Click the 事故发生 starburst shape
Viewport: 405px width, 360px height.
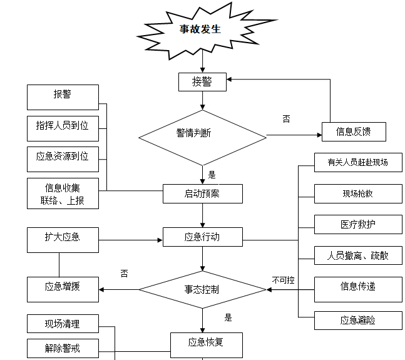pyautogui.click(x=200, y=29)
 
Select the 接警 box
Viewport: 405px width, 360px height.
pyautogui.click(x=202, y=81)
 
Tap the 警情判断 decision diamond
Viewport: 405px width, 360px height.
pyautogui.click(x=202, y=135)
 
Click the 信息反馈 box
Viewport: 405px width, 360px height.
pyautogui.click(x=353, y=131)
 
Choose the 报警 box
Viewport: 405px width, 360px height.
pyautogui.click(x=63, y=96)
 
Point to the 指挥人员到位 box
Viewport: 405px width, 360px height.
pyautogui.click(x=63, y=126)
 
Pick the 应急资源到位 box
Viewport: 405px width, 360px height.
pyautogui.click(x=63, y=157)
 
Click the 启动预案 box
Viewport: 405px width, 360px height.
pyautogui.click(x=202, y=193)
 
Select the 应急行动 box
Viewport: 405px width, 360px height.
pyautogui.click(x=202, y=237)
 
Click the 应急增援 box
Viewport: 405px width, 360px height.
pyautogui.click(x=63, y=288)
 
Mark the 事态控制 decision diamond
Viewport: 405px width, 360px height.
pyautogui.click(x=202, y=289)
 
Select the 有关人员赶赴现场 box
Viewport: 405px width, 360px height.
pyautogui.click(x=357, y=163)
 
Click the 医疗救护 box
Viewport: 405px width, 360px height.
pyautogui.click(x=357, y=224)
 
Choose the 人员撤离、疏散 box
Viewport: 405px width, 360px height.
pyautogui.click(x=357, y=255)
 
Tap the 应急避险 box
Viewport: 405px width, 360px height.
pyautogui.click(x=357, y=321)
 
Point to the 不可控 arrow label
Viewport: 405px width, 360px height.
pyautogui.click(x=283, y=280)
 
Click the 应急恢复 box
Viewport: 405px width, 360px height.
pyautogui.click(x=205, y=342)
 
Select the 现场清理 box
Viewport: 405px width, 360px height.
pyautogui.click(x=63, y=324)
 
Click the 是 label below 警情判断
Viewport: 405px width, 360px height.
pyautogui.click(x=212, y=175)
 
